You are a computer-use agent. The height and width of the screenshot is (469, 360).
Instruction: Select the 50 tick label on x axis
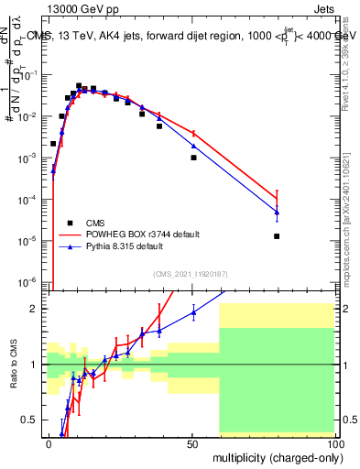pyautogui.click(x=192, y=443)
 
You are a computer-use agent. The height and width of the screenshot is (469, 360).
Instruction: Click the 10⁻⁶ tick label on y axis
pyautogui.click(x=30, y=281)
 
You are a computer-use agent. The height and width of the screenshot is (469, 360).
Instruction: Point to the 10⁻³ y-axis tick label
pyautogui.click(x=30, y=158)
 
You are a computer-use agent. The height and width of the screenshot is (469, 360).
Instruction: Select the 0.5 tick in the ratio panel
pyautogui.click(x=30, y=420)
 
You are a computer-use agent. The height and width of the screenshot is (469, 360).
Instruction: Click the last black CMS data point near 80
pyautogui.click(x=277, y=236)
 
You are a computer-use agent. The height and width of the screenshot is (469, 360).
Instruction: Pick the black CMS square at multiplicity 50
pyautogui.click(x=193, y=158)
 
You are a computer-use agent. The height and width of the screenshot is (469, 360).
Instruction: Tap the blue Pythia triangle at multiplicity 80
pyautogui.click(x=277, y=213)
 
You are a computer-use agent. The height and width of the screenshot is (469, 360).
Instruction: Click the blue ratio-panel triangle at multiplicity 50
pyautogui.click(x=193, y=312)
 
